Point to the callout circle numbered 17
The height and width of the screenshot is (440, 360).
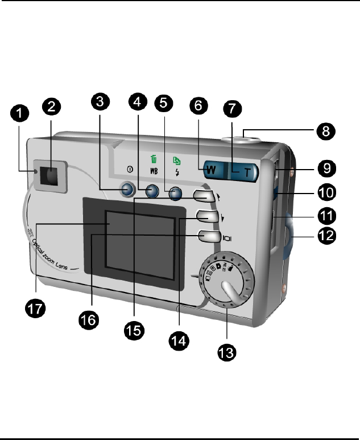(x=37, y=309)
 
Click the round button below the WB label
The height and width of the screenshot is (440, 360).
(x=151, y=191)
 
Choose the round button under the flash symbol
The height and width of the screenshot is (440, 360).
(x=176, y=194)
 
